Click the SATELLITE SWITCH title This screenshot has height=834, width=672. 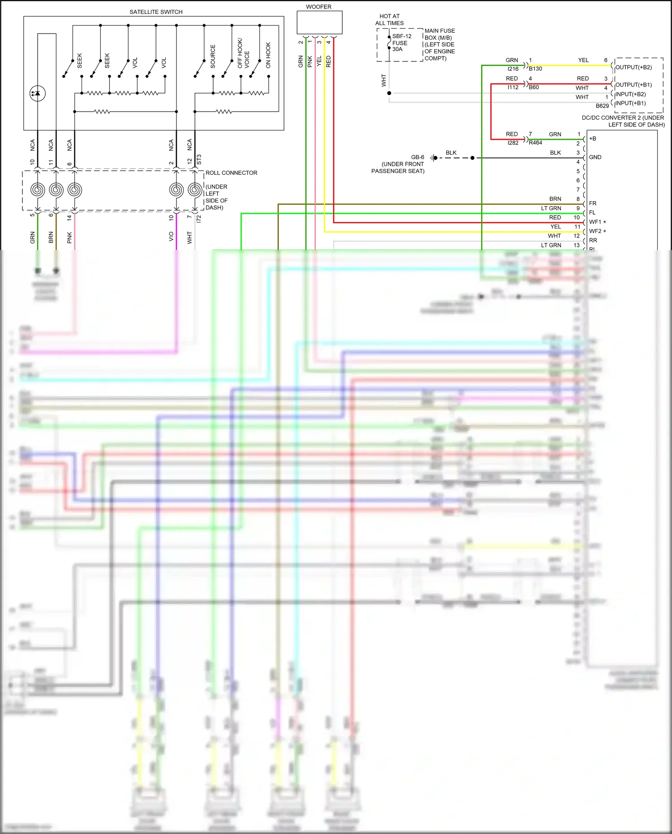[156, 12]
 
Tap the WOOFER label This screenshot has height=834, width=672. [319, 7]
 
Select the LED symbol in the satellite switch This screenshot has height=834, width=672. [38, 93]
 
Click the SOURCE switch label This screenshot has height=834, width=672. [213, 56]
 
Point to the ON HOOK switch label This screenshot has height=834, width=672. [268, 55]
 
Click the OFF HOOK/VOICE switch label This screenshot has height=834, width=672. [243, 53]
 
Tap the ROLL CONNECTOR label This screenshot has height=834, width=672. [231, 173]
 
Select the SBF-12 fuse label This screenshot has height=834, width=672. [401, 36]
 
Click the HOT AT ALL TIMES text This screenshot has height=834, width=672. [389, 20]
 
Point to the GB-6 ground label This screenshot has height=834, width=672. [418, 157]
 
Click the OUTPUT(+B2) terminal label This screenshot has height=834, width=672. [633, 67]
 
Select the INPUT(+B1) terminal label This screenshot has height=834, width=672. [630, 103]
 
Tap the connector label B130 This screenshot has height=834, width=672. [535, 69]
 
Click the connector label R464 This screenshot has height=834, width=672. [535, 143]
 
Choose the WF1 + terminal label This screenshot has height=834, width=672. [598, 222]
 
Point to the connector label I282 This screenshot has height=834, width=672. [513, 143]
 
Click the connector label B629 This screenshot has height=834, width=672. [602, 106]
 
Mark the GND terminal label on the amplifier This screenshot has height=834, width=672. [595, 157]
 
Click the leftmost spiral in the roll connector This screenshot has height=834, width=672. [38, 190]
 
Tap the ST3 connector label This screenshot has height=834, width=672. [199, 160]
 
